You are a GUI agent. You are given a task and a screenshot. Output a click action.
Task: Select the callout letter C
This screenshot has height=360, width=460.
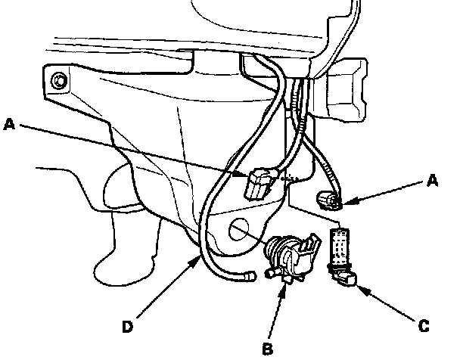point(424,327)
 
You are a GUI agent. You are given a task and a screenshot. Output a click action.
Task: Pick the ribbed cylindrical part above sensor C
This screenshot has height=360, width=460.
point(342,244)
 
